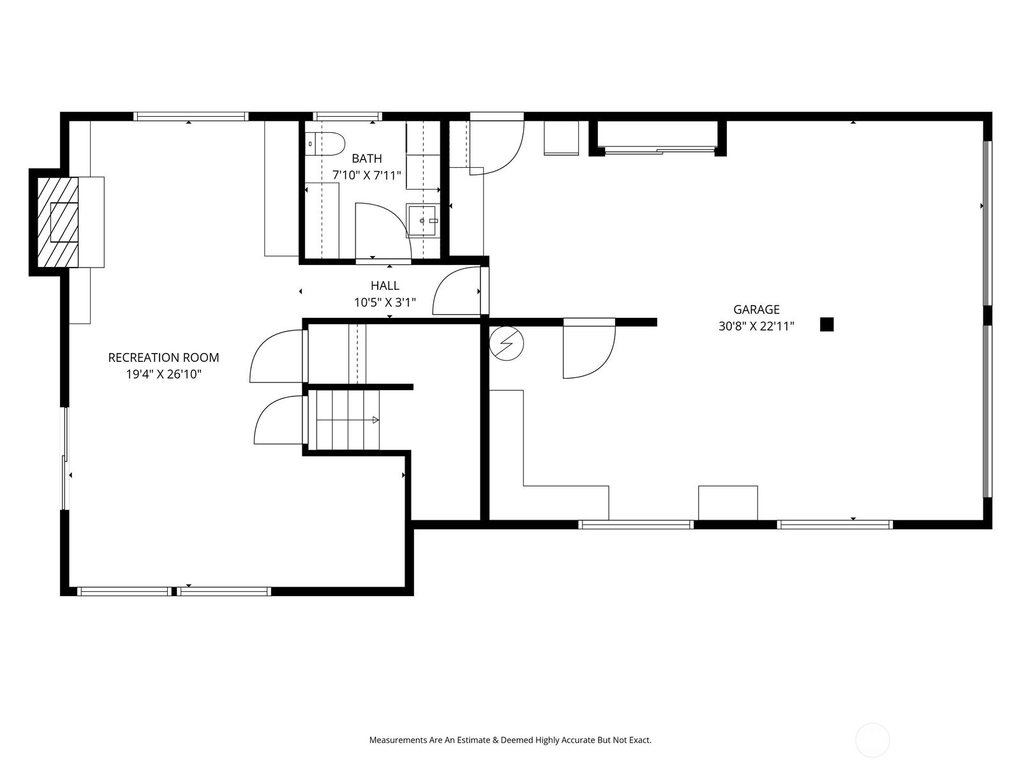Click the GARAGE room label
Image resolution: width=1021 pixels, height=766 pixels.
click(756, 310)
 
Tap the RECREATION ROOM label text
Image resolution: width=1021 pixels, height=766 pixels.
click(163, 357)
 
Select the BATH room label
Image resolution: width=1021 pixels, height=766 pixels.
click(367, 158)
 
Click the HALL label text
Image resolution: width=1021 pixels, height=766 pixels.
click(385, 286)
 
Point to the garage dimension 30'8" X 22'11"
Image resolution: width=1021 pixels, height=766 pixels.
click(756, 327)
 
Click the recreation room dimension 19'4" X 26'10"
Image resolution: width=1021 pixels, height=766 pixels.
click(163, 375)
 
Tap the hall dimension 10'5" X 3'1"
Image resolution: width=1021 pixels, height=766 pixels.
click(385, 303)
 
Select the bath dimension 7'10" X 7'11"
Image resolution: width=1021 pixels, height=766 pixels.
click(367, 175)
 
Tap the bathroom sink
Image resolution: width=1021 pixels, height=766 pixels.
click(423, 221)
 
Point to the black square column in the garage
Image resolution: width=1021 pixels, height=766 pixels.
click(826, 324)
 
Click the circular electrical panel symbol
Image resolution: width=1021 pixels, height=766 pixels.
click(507, 343)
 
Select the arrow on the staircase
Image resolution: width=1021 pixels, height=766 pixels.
click(375, 419)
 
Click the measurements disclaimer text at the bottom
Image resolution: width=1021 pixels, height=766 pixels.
click(510, 740)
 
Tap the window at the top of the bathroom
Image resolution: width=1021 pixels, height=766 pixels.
click(348, 116)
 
